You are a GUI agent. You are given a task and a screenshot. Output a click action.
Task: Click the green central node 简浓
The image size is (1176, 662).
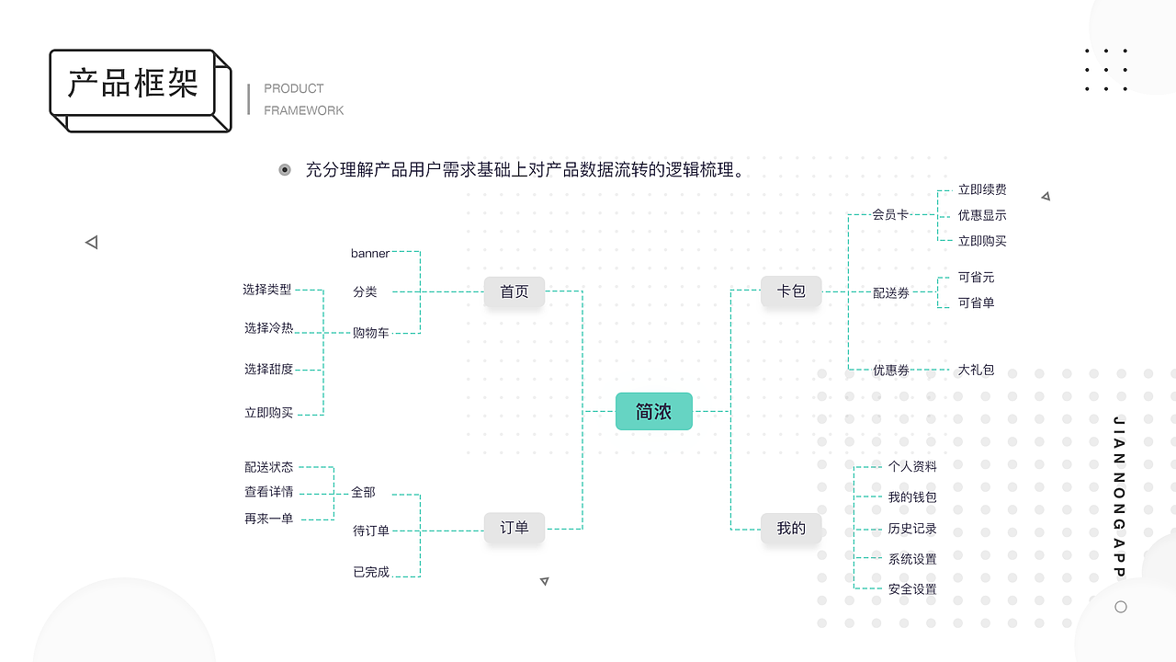653,411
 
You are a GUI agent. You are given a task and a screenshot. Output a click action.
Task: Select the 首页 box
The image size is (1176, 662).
514,291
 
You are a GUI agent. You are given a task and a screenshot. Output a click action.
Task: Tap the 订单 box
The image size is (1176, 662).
514,528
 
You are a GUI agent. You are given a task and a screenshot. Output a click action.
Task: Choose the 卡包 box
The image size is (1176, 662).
791,291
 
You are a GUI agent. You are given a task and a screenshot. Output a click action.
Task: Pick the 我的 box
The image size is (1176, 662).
791,528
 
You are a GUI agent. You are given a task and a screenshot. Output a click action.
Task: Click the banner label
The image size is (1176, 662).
370,253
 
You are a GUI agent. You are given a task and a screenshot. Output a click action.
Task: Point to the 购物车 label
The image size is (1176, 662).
371,333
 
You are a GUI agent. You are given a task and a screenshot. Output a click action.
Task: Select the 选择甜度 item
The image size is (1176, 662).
268,370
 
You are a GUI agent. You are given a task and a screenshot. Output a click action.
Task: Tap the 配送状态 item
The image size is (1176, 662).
268,467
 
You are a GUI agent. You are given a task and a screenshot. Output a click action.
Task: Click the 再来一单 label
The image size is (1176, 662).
268,519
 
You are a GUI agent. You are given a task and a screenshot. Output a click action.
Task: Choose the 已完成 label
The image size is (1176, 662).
371,572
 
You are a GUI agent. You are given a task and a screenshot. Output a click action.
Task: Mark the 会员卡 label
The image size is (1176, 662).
890,214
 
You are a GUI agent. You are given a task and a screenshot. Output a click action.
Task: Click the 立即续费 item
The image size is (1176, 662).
982,189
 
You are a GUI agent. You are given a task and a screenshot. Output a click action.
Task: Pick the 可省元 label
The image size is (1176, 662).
976,277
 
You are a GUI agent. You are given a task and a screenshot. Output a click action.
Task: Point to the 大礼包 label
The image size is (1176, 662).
976,370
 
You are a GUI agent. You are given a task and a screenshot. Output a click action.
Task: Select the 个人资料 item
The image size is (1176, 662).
912,467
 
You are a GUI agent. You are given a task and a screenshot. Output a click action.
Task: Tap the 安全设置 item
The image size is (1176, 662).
912,589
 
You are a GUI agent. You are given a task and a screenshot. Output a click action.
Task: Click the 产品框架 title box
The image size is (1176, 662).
133,84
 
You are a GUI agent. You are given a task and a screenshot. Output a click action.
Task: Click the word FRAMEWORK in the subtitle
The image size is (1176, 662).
304,110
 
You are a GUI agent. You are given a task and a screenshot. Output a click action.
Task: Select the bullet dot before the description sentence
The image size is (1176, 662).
285,170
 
